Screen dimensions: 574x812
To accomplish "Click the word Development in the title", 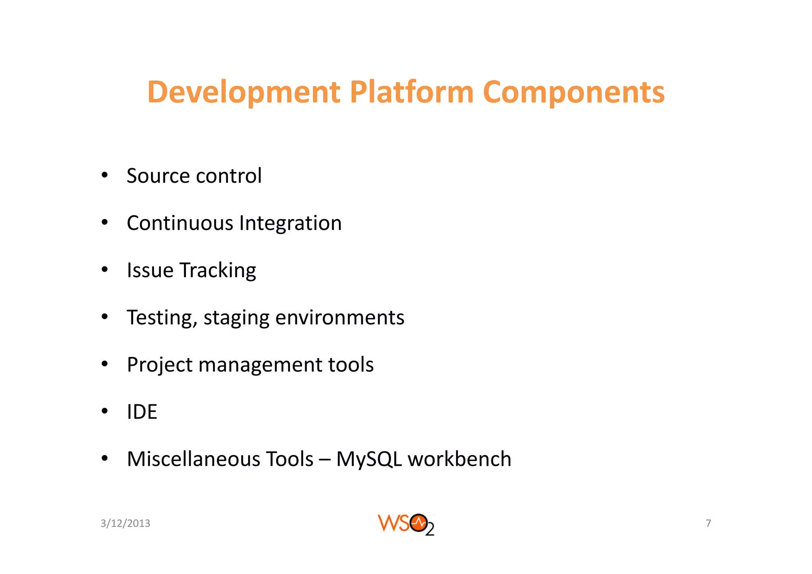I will click(x=243, y=93).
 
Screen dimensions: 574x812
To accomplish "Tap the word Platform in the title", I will click(x=411, y=92).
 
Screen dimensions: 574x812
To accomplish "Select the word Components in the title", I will click(x=573, y=93).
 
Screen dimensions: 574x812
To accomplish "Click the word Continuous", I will click(x=180, y=223).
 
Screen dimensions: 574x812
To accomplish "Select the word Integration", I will click(x=290, y=224).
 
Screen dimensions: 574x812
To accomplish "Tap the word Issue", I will click(x=150, y=270).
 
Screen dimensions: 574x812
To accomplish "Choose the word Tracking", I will click(x=218, y=271).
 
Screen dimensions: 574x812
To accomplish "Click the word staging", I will click(x=236, y=318).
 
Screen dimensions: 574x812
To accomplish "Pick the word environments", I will click(x=340, y=318).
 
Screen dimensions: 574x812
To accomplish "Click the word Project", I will click(x=159, y=365).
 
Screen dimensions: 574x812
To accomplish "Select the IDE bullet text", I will click(x=142, y=412).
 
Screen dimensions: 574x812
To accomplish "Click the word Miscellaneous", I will click(x=193, y=459).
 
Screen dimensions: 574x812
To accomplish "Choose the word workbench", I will click(x=460, y=459).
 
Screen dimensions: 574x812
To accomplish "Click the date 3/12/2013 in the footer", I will click(x=125, y=523).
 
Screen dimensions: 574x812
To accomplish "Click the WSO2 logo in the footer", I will click(x=406, y=524).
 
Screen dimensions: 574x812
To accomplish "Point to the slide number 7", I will click(x=708, y=523).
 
